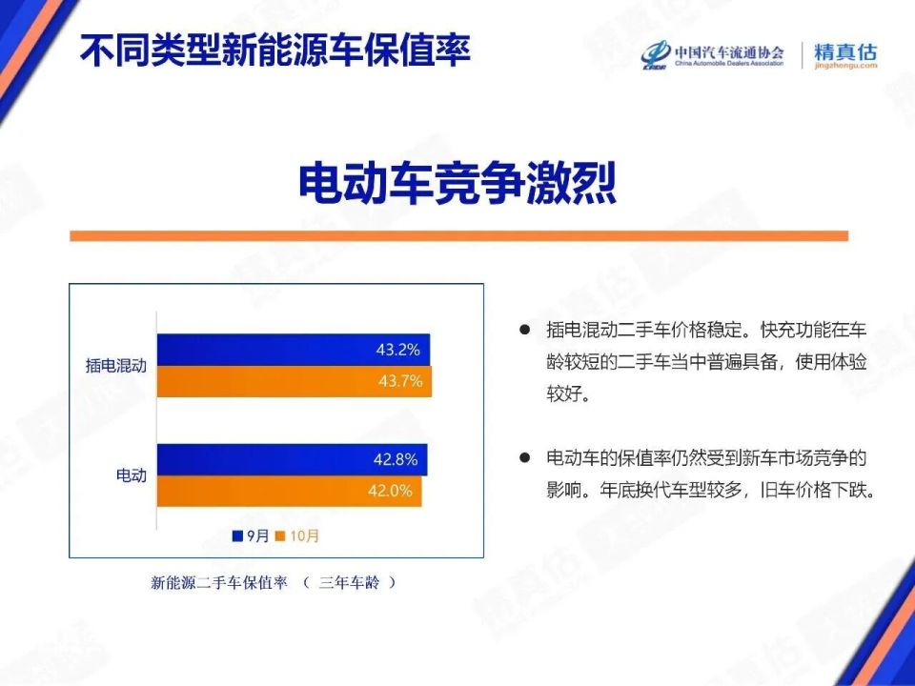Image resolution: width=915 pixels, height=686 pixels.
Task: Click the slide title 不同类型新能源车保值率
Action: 275,50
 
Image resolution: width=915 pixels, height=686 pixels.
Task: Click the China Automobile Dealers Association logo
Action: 712,53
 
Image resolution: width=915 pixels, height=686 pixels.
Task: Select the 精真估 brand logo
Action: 845,55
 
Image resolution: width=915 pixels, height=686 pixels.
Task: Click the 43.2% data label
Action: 397,350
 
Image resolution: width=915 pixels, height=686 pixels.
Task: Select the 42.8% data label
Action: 396,460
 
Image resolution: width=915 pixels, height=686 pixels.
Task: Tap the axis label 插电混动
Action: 115,366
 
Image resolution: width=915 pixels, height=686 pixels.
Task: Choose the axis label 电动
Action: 131,474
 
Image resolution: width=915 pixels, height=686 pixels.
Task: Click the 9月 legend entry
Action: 251,536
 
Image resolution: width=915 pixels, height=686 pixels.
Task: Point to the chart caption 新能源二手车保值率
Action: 219,583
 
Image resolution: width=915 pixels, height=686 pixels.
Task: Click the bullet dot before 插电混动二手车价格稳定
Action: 523,329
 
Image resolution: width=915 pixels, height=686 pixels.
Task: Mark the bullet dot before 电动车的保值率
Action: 523,457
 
